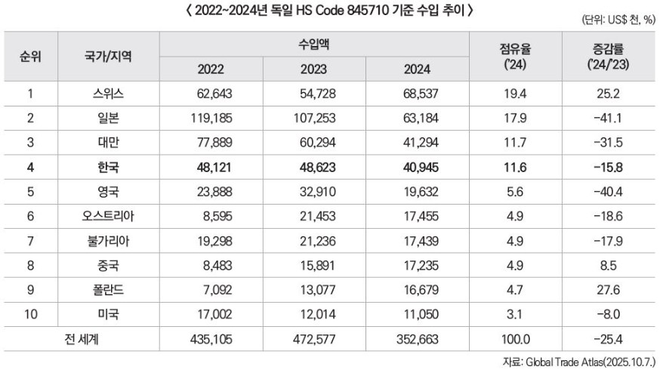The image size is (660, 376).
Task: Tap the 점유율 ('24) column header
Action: click(x=514, y=57)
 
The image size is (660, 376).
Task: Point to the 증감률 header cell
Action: click(x=607, y=57)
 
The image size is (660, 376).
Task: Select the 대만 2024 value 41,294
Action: click(x=417, y=143)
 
